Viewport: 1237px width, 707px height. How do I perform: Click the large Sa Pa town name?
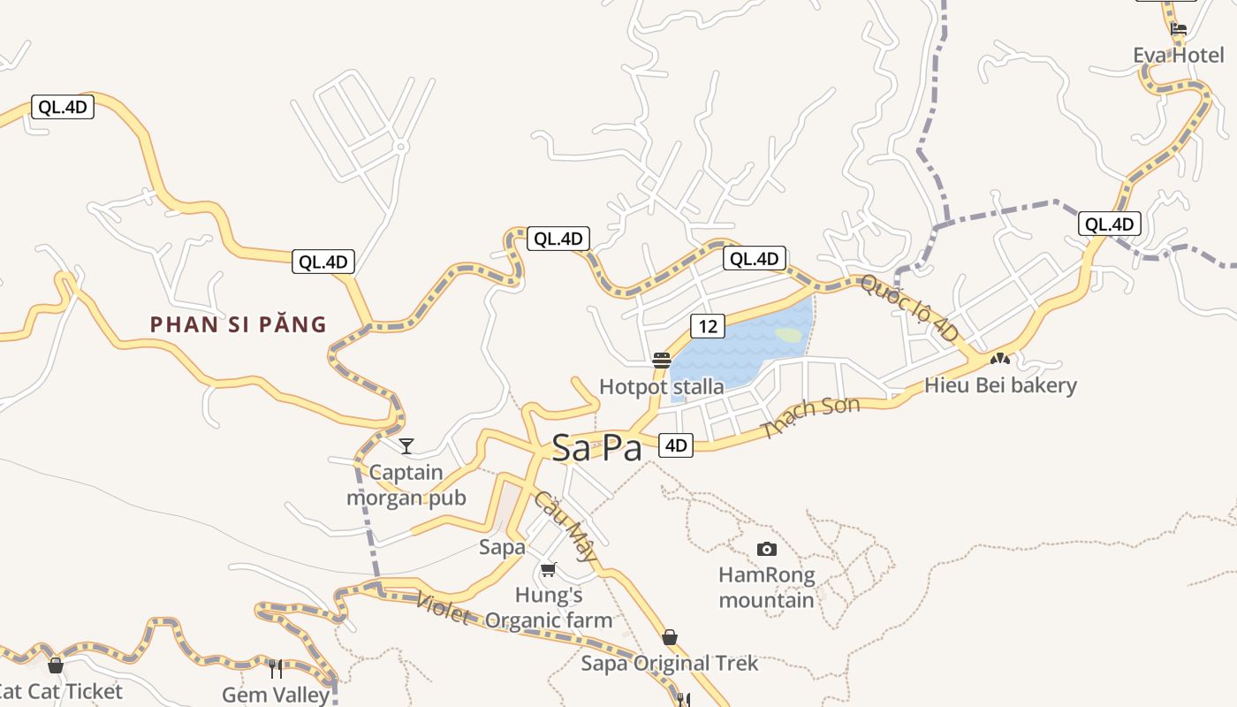pos(596,448)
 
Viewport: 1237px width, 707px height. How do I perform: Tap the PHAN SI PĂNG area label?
pos(239,324)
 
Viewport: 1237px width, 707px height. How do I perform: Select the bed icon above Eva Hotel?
pos(1179,29)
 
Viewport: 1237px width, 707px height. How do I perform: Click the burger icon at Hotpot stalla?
pos(662,360)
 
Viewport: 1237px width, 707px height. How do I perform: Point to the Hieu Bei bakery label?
pos(1000,385)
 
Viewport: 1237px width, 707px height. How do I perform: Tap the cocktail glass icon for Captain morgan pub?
pos(406,445)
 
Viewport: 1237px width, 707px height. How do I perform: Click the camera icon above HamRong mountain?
pos(767,549)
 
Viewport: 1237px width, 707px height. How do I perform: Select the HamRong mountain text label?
pos(766,588)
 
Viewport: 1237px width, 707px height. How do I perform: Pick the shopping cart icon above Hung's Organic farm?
pos(549,569)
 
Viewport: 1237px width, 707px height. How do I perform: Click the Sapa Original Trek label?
pos(669,664)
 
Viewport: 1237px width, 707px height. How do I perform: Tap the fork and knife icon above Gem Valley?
pos(276,668)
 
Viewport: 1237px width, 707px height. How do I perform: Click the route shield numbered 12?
pos(707,326)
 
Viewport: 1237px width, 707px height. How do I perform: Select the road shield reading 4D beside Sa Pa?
pos(676,445)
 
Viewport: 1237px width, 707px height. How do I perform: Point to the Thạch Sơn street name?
pos(810,417)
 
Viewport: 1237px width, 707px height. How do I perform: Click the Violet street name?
pos(442,607)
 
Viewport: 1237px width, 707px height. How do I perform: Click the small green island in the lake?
pos(788,335)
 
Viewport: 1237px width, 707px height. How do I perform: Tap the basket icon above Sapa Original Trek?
pos(670,637)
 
